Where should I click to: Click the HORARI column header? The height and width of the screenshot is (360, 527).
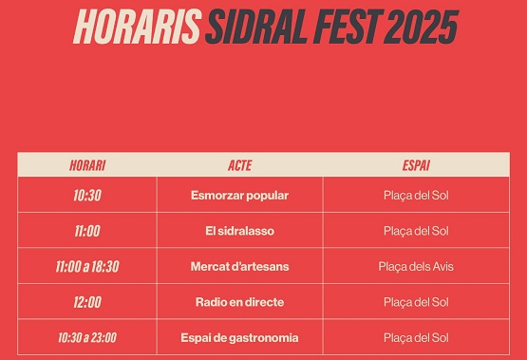click(87, 165)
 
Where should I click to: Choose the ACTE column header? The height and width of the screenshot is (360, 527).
click(240, 165)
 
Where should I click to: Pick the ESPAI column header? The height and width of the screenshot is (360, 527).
click(416, 165)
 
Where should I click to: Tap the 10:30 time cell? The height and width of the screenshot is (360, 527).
click(87, 196)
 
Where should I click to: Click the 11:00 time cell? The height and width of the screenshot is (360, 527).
click(87, 231)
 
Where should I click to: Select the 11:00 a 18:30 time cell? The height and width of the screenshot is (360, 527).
click(87, 267)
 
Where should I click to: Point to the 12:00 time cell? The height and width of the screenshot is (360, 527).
click(87, 302)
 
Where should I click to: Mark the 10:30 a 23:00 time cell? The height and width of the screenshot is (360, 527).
click(87, 338)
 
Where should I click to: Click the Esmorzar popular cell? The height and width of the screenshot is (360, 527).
click(240, 196)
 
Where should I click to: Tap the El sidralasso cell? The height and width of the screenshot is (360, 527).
click(240, 231)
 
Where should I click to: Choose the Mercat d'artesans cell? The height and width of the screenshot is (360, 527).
click(240, 267)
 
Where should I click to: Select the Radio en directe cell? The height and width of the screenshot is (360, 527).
click(240, 302)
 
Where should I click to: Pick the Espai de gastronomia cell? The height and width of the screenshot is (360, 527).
click(240, 338)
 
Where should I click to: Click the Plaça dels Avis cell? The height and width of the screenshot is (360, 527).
click(416, 267)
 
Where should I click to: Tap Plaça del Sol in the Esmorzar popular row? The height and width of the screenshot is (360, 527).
click(416, 196)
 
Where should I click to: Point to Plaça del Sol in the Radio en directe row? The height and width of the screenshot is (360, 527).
click(416, 302)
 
